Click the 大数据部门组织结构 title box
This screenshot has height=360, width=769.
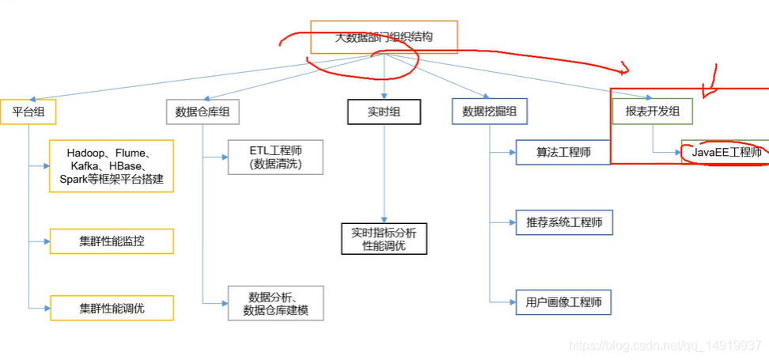(x=384, y=37)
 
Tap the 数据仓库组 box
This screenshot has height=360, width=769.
(x=203, y=112)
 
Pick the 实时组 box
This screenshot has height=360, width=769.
(x=384, y=112)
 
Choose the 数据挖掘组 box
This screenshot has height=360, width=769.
(x=490, y=112)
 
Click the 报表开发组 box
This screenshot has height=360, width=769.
(x=653, y=112)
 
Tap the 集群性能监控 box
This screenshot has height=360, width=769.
(x=112, y=241)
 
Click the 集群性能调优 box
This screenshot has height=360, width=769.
(x=112, y=307)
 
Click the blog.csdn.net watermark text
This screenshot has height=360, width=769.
(x=665, y=346)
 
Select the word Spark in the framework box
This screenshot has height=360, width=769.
(x=74, y=180)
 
